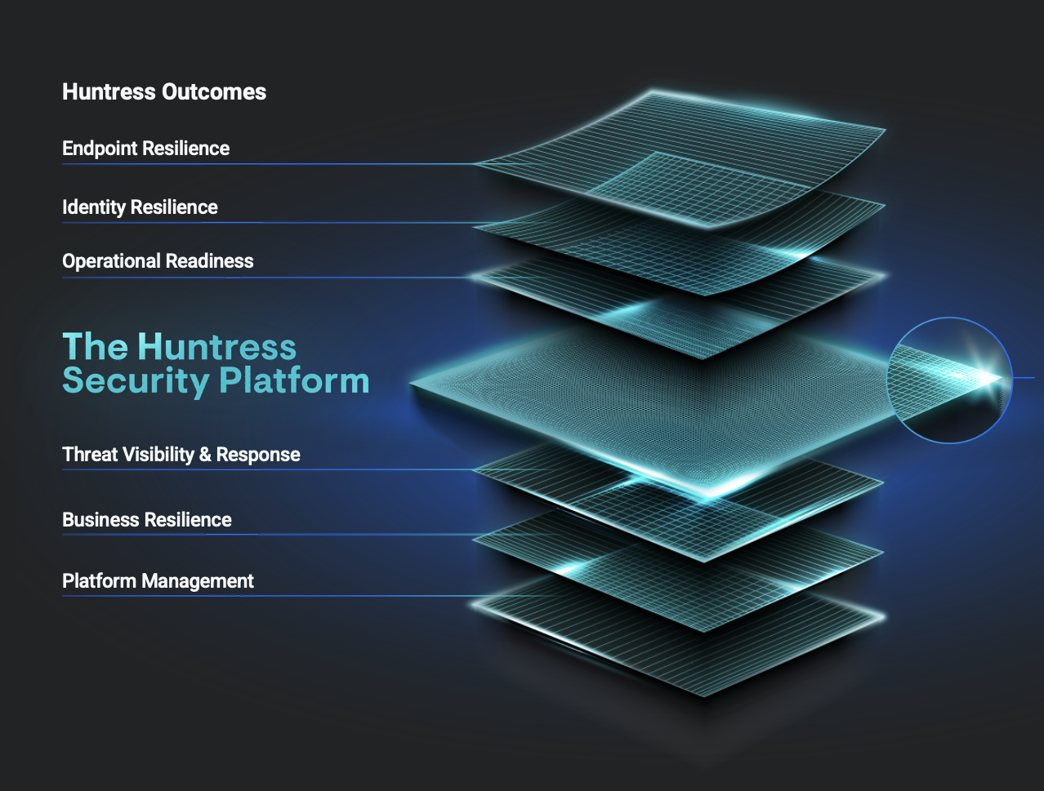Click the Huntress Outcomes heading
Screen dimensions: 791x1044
164,91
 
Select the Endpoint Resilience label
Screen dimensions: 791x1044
145,149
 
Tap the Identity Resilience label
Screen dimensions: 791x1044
140,207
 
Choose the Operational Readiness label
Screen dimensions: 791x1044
158,261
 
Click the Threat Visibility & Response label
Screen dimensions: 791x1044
181,455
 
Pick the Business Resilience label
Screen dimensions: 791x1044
147,520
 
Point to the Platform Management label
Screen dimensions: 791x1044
158,581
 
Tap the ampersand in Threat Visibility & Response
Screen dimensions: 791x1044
205,455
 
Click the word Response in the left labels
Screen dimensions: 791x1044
258,455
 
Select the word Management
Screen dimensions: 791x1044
198,581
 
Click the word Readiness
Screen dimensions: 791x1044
209,261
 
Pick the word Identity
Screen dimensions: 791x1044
94,207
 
